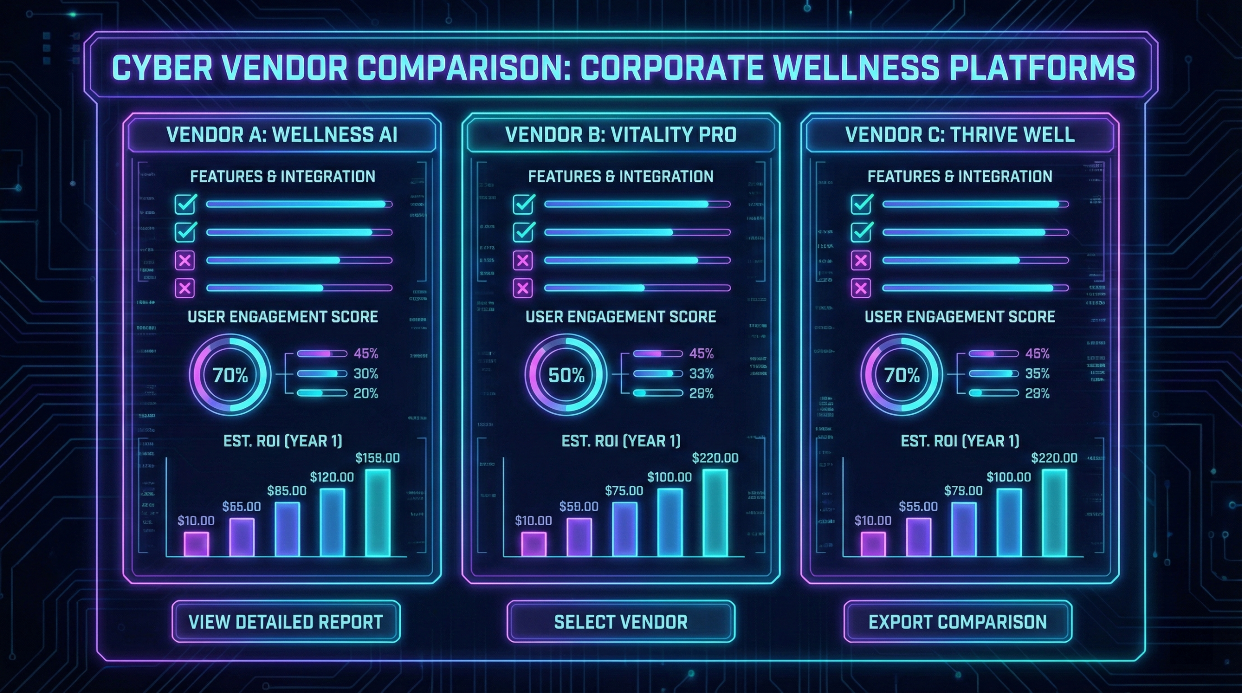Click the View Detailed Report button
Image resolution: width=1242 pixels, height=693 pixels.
286,622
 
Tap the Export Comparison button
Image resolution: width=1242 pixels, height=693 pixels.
957,622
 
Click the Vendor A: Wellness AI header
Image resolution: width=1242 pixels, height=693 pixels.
282,135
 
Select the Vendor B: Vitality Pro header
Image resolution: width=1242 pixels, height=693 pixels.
621,135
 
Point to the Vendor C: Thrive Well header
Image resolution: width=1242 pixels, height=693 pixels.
960,135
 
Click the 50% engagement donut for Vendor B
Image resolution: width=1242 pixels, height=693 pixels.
566,375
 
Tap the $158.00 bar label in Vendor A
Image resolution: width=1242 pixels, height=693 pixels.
377,458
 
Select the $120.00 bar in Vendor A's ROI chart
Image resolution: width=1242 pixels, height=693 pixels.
332,522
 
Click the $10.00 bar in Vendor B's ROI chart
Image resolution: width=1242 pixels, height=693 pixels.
534,544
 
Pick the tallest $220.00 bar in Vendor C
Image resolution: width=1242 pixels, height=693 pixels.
1054,512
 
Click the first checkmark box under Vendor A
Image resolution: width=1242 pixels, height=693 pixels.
185,205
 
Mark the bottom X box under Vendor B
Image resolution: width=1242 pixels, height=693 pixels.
523,288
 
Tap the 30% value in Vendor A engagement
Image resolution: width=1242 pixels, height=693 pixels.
366,374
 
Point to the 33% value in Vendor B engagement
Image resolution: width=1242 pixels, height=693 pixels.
702,374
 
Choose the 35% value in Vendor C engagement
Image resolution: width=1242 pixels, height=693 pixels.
1037,374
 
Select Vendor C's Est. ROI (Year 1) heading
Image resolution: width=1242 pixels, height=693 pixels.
960,441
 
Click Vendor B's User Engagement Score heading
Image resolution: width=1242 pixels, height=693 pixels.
621,317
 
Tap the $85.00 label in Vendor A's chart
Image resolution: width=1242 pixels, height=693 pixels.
287,491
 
